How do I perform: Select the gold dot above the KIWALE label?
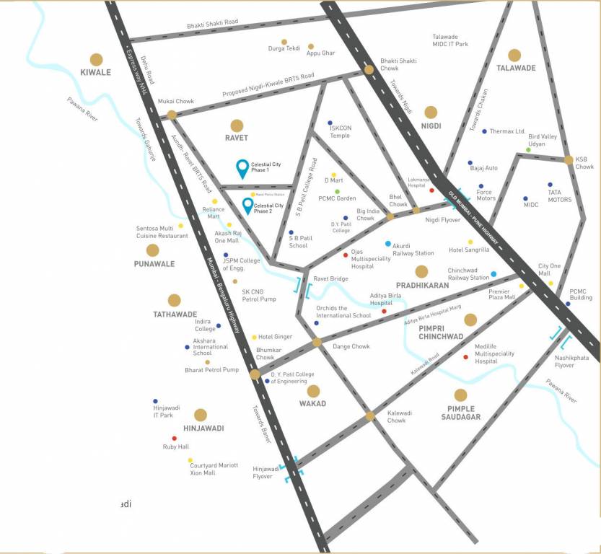coord(96,58)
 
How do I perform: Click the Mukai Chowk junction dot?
coord(172,115)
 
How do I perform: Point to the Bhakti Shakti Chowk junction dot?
coord(369,70)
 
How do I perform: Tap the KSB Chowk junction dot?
coord(569,160)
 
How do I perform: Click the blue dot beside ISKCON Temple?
coord(330,123)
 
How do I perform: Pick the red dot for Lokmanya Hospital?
coord(432,190)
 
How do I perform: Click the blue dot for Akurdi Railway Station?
coord(388,244)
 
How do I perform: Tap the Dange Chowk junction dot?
coord(317,342)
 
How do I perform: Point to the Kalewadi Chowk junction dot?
coord(370,416)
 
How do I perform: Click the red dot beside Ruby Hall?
coord(174,438)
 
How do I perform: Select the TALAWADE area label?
coord(516,68)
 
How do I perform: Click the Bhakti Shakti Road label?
coord(212,23)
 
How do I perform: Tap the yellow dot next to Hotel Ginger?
coord(254,337)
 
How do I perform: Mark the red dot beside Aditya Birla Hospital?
coord(384,312)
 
